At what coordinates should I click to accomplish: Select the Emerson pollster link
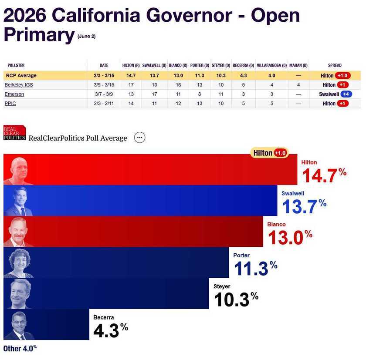14,94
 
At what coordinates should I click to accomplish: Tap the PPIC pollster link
10,104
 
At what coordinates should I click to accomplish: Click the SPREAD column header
335,66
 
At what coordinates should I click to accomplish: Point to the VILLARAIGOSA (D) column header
271,66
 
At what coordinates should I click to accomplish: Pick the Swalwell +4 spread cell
335,94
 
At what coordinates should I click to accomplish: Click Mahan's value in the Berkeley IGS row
298,85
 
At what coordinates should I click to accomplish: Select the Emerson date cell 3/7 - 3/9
104,94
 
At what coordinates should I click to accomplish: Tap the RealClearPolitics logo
14,133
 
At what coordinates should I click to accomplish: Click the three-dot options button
139,138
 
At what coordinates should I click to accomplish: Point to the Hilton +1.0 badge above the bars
269,153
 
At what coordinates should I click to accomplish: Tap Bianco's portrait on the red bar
18,232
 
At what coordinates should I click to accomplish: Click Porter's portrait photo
18,262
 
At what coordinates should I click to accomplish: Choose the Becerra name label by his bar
103,317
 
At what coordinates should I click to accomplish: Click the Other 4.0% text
20,348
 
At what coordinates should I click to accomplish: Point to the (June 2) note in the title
86,37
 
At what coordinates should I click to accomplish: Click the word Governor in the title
188,15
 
